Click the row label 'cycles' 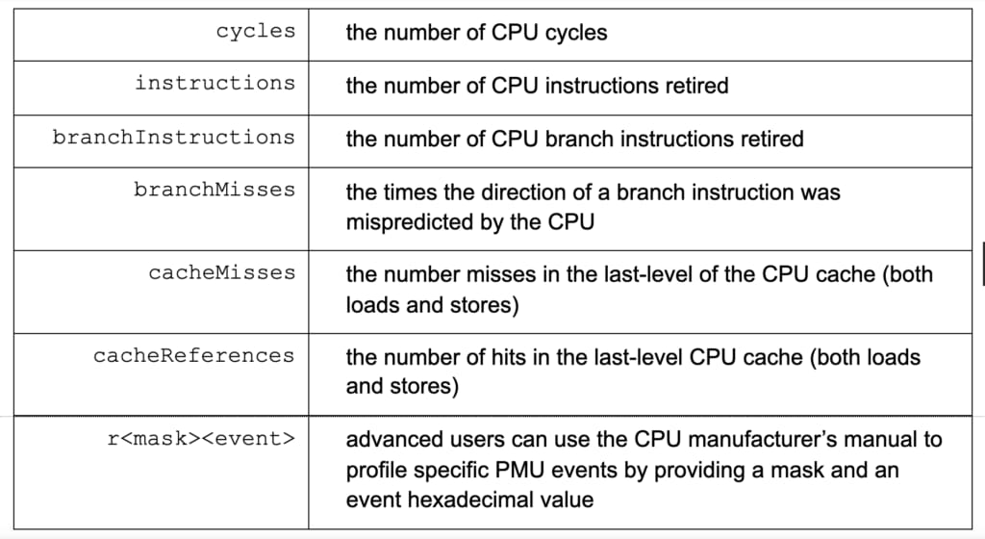[256, 32]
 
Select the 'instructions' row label [215, 83]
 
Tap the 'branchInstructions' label [173, 137]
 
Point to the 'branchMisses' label [215, 190]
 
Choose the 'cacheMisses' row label [222, 272]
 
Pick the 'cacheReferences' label [193, 355]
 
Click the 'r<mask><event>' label [201, 439]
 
